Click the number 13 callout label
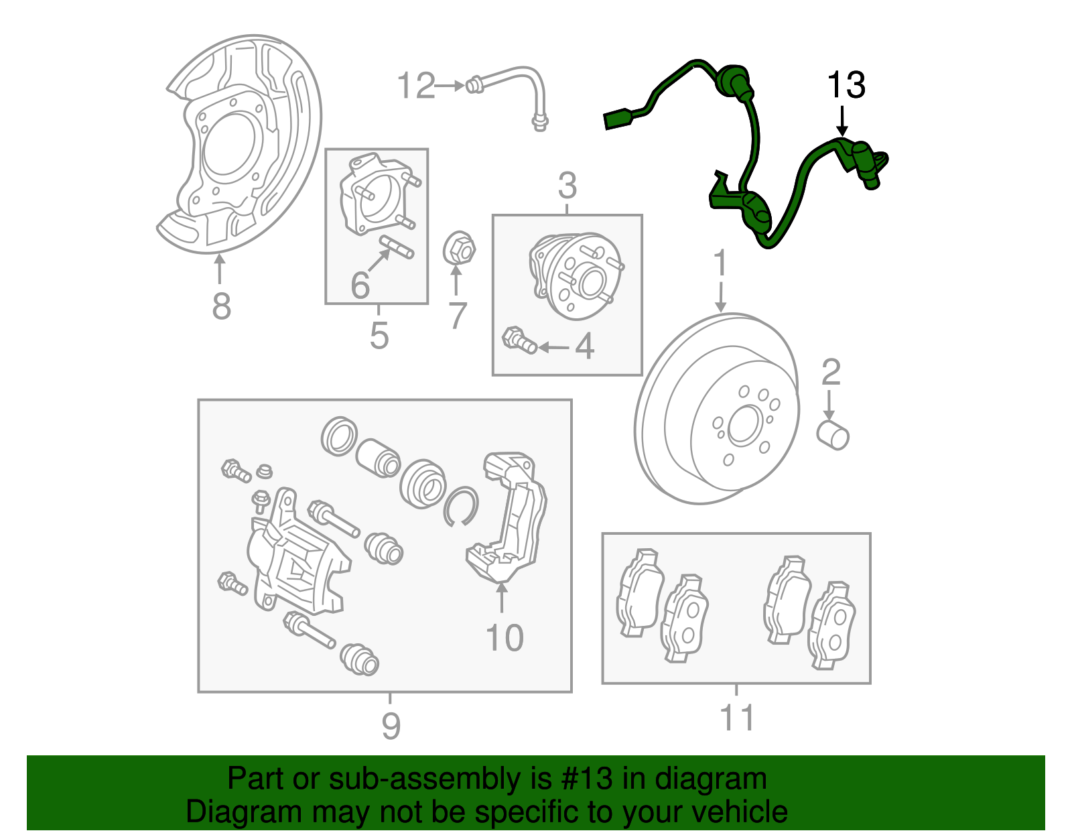(846, 86)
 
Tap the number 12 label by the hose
(416, 86)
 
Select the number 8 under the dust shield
(221, 307)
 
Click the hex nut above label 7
(460, 249)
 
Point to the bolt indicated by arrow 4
(519, 340)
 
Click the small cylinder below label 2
(833, 436)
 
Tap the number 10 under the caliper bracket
(505, 638)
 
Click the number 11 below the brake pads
(737, 718)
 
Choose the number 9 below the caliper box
(391, 725)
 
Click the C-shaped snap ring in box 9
(460, 507)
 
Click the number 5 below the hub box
(379, 335)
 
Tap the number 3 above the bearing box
(567, 186)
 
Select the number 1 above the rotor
(720, 263)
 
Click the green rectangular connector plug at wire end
(617, 119)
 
